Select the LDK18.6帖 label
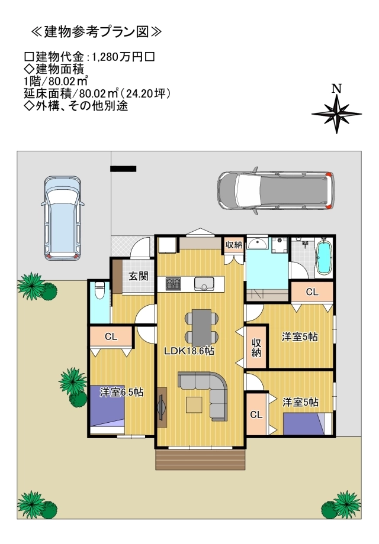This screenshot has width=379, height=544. click(x=189, y=351)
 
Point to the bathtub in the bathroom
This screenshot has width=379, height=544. click(x=324, y=258)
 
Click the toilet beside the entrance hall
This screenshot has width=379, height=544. click(x=99, y=291)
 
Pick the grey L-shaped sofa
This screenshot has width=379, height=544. click(x=207, y=390)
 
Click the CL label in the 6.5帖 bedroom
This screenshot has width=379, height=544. click(x=111, y=336)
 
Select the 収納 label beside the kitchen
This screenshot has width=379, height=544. click(x=233, y=244)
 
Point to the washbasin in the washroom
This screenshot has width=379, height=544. click(x=258, y=244)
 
